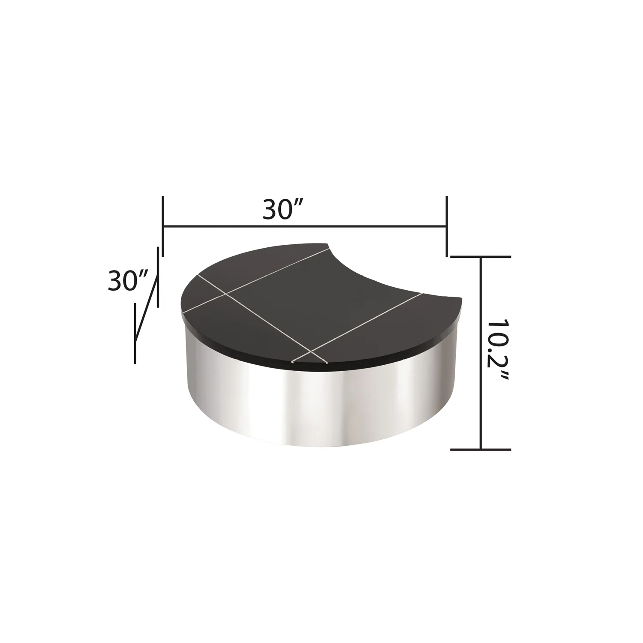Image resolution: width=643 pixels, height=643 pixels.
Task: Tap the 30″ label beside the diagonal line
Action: pos(128,281)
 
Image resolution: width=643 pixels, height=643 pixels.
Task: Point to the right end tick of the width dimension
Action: pos(447,225)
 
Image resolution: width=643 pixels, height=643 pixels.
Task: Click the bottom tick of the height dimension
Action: pos(481,449)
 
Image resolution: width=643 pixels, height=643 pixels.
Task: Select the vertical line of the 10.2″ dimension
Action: pos(481,353)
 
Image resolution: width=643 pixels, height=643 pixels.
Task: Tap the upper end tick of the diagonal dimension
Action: pos(159,277)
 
